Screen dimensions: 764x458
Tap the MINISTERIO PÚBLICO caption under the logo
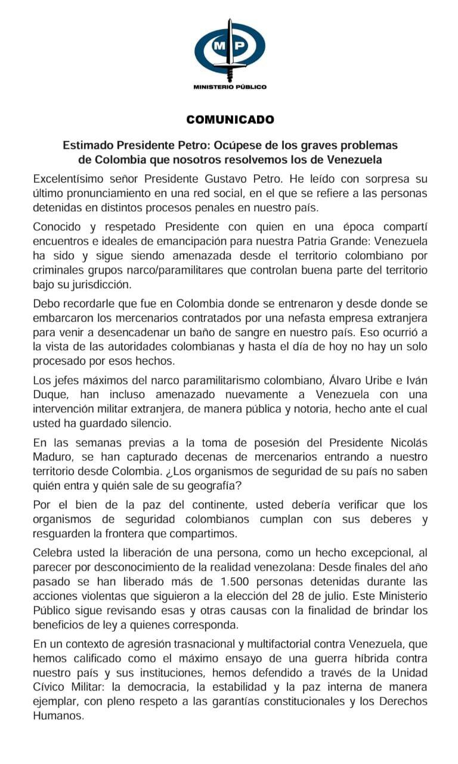click(230, 87)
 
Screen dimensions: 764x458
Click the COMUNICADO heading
click(230, 119)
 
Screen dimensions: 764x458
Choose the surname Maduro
click(53, 458)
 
